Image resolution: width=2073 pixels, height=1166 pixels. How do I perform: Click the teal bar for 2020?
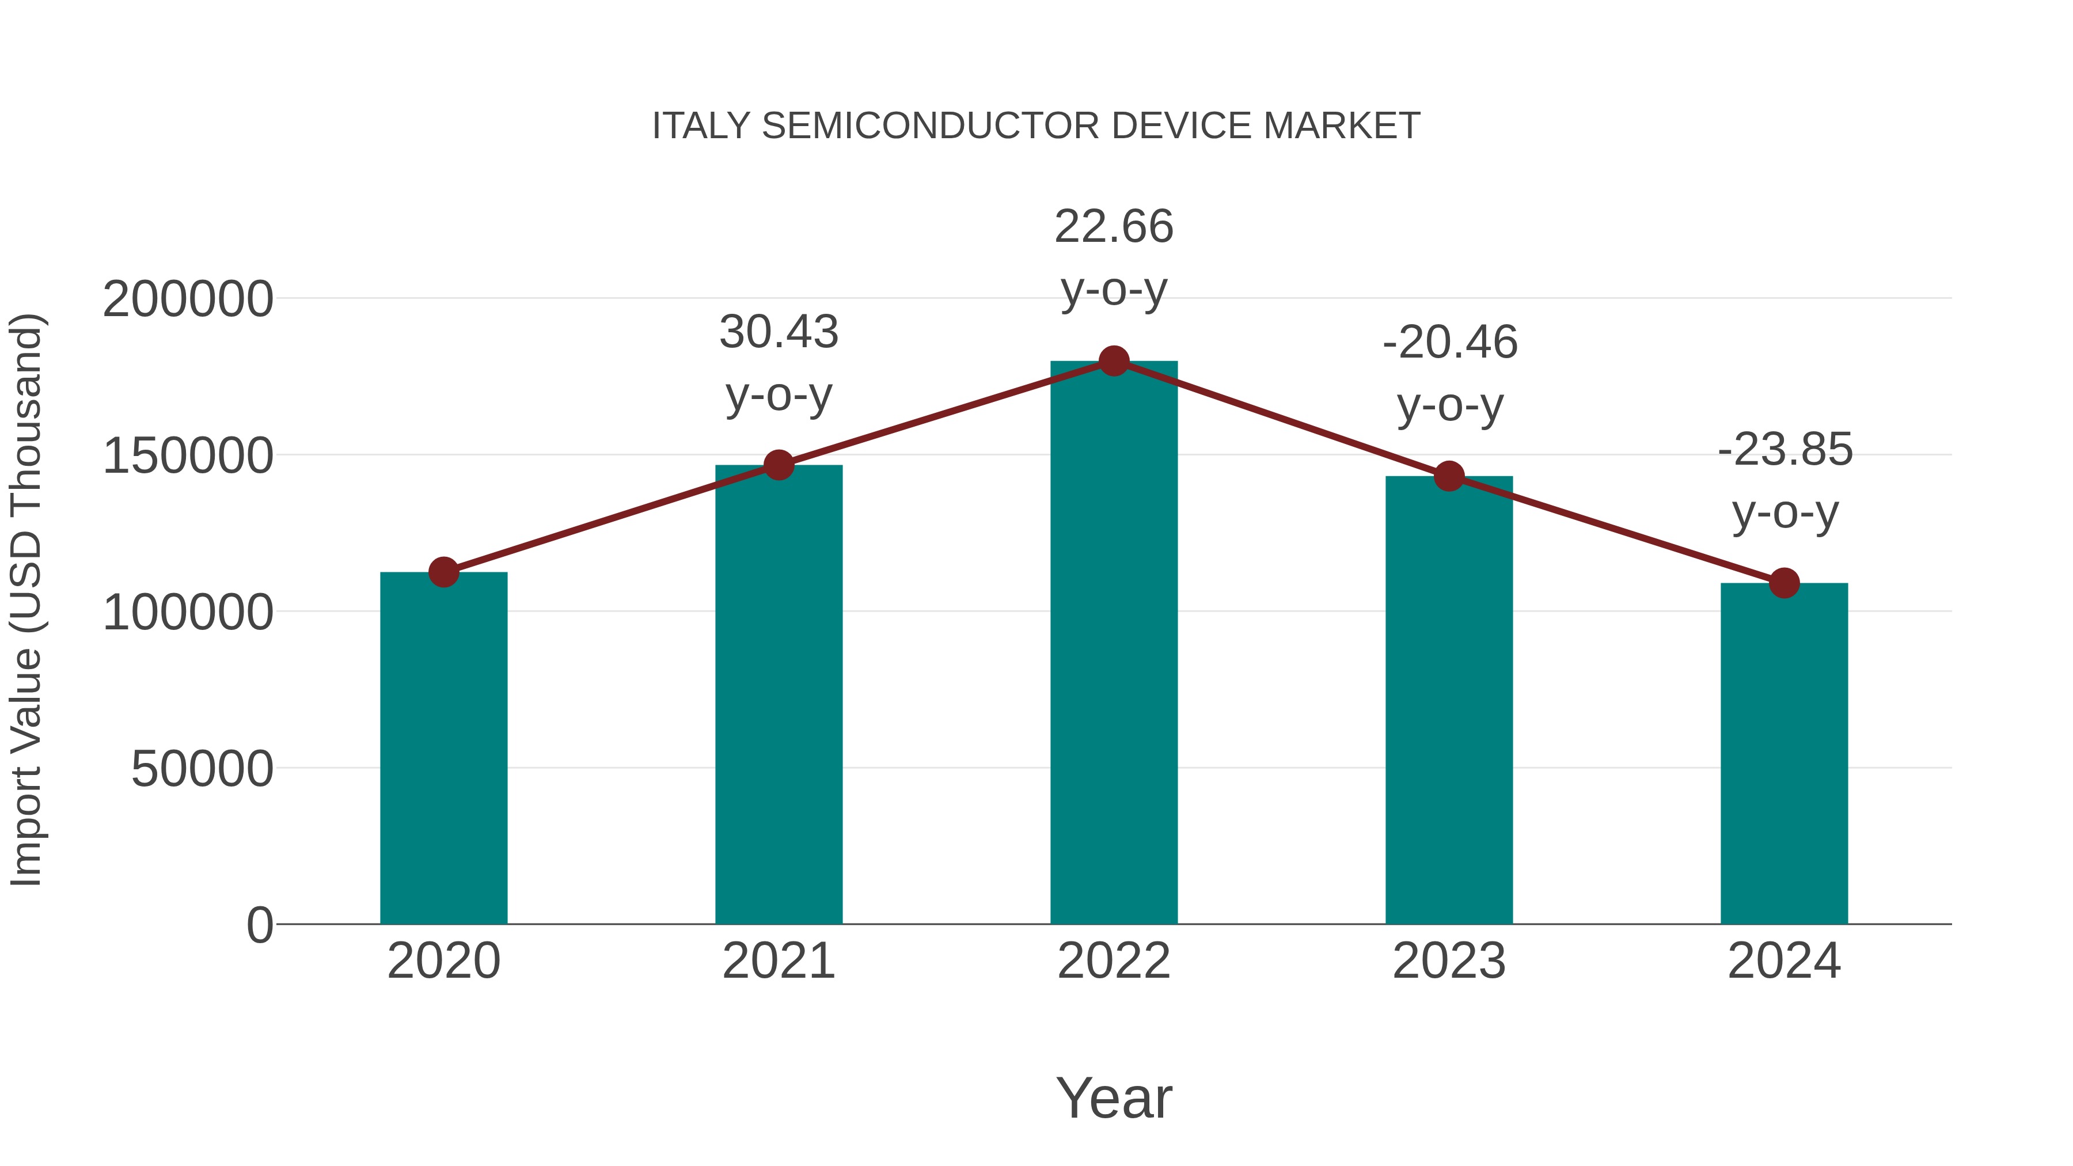tap(443, 749)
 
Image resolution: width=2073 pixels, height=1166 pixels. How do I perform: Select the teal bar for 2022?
tap(1114, 644)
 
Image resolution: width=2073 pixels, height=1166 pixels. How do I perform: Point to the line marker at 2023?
tap(1449, 476)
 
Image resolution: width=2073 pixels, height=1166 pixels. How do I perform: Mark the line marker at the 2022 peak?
tap(1114, 361)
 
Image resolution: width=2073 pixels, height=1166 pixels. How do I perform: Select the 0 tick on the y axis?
tap(259, 925)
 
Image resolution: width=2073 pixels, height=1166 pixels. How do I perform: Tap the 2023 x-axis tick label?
tap(1449, 961)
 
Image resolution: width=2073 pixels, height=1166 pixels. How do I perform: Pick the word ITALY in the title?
tap(701, 126)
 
